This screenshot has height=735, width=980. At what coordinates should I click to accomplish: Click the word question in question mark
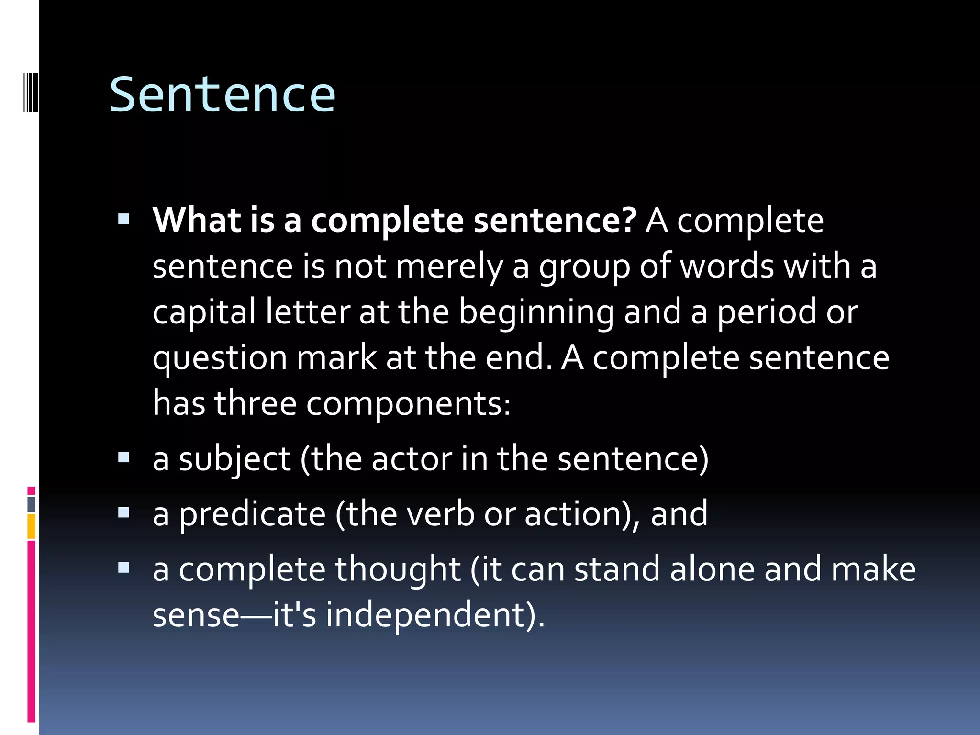[220, 358]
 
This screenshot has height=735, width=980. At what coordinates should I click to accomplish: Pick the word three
[255, 403]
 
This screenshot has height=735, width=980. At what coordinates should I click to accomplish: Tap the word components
[408, 404]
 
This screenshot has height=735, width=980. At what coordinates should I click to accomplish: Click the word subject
[234, 459]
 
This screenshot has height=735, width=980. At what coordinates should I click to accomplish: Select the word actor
[412, 459]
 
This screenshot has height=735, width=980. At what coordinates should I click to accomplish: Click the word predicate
[252, 514]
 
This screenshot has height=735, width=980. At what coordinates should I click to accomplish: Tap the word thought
[397, 569]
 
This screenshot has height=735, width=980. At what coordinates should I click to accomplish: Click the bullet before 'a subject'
[124, 458]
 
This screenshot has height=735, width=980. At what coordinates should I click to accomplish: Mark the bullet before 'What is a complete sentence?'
[124, 219]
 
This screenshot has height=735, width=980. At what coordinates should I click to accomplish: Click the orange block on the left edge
[31, 526]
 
